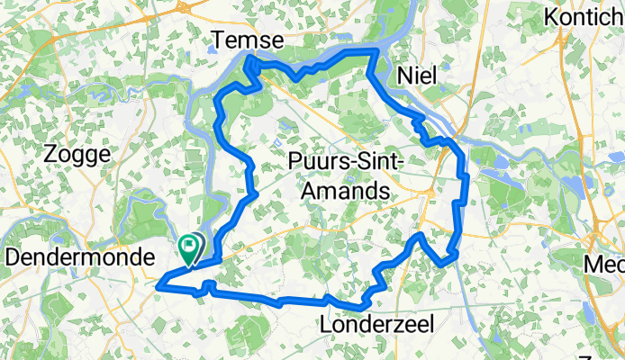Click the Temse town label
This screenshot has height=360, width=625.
[247, 40]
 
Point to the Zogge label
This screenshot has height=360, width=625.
[77, 155]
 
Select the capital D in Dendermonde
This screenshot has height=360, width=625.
[13, 256]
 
